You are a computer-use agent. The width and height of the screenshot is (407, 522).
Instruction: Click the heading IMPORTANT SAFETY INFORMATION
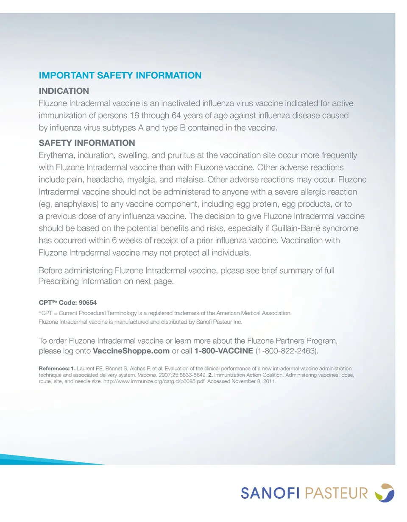[120, 76]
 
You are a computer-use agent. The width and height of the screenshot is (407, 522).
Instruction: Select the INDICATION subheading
[64, 91]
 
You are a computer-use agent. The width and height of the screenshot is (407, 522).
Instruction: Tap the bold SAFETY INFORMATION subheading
[87, 143]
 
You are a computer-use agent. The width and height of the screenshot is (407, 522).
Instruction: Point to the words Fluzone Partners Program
[286, 341]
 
